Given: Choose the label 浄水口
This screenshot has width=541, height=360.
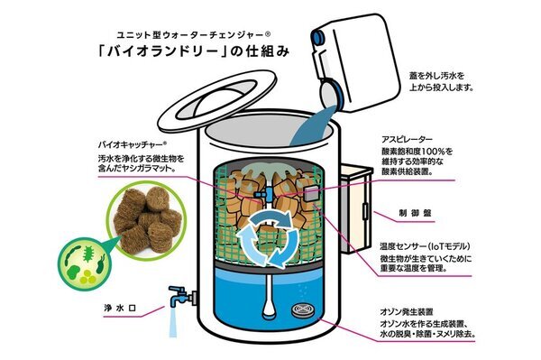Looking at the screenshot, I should [122, 307].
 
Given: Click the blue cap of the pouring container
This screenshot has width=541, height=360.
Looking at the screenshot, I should [316, 37].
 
